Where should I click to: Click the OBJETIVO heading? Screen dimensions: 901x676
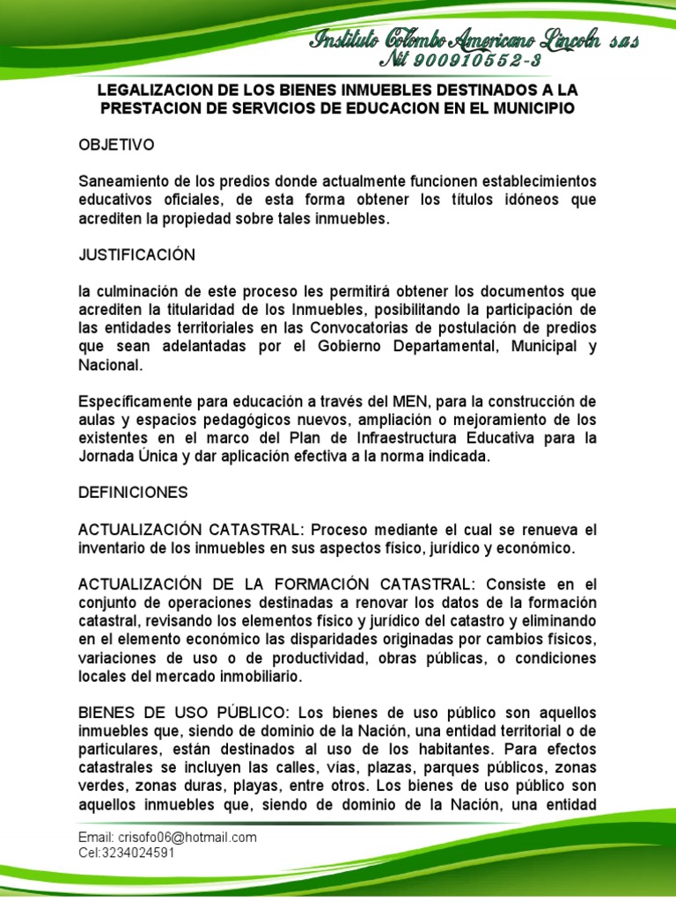tap(116, 143)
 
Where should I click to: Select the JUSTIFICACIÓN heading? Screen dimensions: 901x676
tap(136, 255)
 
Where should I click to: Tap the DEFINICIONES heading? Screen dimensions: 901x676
tap(133, 493)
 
